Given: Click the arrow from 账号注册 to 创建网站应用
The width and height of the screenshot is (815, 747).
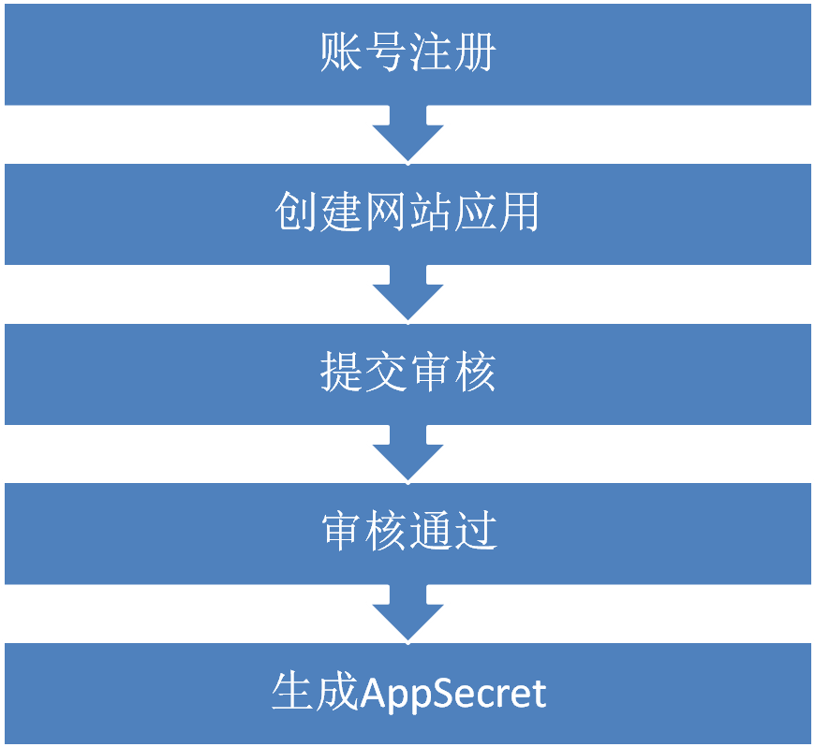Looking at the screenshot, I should (407, 134).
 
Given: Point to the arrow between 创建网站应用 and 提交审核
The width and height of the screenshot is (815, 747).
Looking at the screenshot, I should (407, 294).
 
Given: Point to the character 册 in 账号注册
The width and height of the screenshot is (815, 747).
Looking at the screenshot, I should (474, 54).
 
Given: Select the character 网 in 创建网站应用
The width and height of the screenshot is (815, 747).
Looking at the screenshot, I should (385, 214).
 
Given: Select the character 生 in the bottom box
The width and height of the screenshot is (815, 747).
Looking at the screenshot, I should (292, 694).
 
